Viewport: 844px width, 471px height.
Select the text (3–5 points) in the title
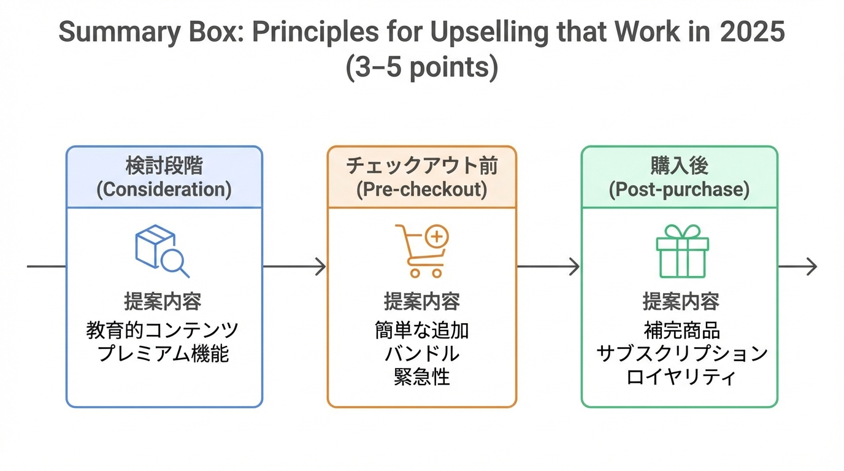(422, 67)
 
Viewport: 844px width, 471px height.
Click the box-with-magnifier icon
(162, 251)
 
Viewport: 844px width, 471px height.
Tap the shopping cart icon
(422, 251)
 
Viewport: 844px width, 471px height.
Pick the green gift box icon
(682, 251)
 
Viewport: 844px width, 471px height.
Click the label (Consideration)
(164, 189)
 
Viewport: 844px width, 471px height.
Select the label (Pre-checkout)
(422, 189)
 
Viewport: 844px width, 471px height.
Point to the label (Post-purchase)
(679, 189)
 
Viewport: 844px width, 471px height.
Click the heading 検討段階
(164, 166)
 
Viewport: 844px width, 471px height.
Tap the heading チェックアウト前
(422, 166)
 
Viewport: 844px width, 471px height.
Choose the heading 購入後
(679, 166)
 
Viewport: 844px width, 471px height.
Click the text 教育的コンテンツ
(163, 331)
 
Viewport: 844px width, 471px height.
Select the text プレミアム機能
(164, 354)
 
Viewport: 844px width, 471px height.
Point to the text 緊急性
(422, 376)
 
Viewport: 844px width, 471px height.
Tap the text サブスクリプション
(681, 354)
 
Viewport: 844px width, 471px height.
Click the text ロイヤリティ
(680, 376)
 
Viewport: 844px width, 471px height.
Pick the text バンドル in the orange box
(422, 354)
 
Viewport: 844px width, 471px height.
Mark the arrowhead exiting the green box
(812, 267)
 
